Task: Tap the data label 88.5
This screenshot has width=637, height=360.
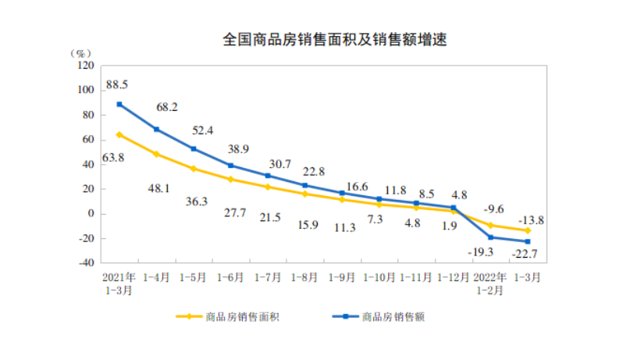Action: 117,84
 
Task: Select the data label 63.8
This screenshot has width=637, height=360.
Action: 116,158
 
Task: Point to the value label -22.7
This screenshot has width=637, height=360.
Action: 525,253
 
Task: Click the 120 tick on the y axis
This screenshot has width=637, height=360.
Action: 84,66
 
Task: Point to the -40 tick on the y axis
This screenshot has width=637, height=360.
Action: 84,263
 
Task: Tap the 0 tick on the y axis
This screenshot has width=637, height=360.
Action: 90,214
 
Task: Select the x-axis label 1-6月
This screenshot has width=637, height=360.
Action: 231,276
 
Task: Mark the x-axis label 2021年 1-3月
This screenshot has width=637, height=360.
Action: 119,283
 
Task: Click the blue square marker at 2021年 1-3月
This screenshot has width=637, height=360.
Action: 119,104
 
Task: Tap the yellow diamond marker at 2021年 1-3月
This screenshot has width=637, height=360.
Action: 119,134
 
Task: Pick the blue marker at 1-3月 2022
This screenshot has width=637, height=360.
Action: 528,241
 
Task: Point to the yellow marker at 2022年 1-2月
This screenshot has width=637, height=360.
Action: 491,225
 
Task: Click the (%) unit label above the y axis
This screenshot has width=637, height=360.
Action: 80,53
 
